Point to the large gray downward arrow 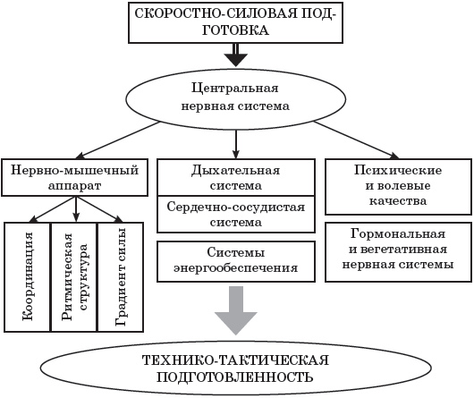coord(236,310)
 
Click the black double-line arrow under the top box coord(236,55)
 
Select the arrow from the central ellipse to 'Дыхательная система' coord(236,145)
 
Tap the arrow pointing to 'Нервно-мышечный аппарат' coord(117,140)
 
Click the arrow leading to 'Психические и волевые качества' coord(356,140)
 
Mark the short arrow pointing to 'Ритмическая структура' coord(76,209)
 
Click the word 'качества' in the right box coord(398,201)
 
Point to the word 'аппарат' coord(74,186)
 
